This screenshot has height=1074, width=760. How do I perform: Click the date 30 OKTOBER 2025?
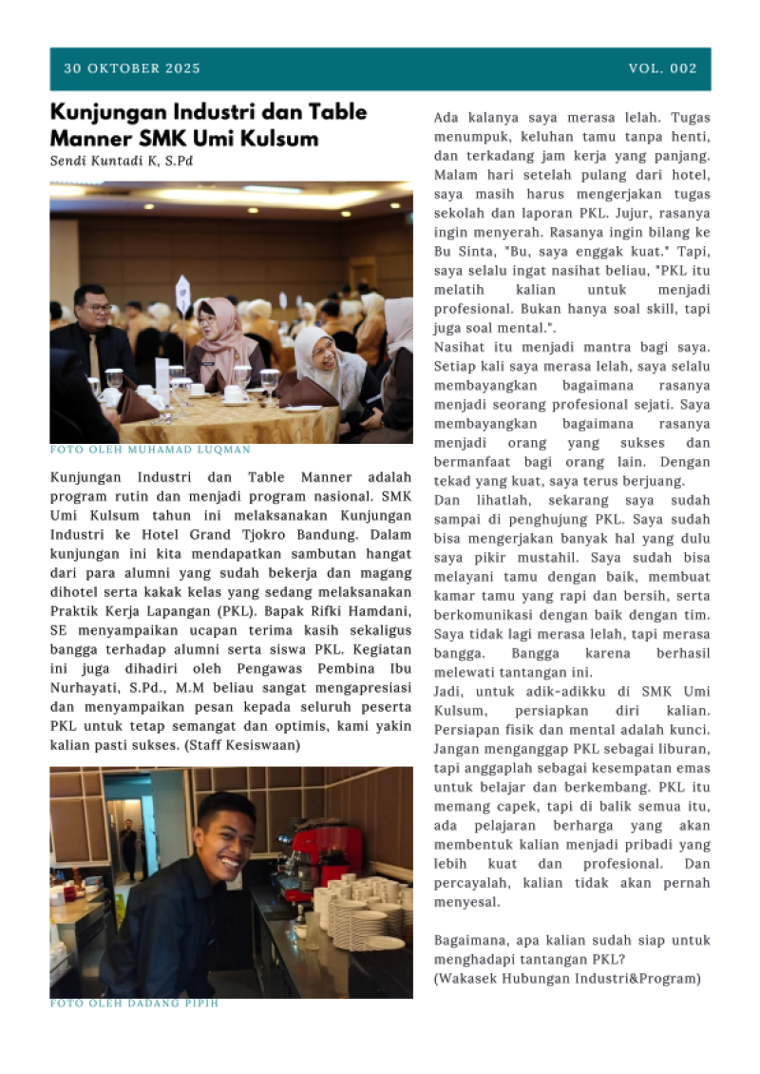pos(132,68)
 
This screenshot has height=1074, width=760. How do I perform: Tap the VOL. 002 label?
pos(662,68)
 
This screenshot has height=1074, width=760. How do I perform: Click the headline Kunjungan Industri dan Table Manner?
pos(208,112)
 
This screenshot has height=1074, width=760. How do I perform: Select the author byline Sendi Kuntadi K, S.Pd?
pos(122,161)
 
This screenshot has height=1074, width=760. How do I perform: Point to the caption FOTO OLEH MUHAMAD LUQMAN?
pos(150,450)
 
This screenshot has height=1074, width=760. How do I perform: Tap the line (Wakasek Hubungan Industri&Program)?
pos(566,978)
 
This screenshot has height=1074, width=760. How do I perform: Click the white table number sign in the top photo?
pos(183,294)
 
